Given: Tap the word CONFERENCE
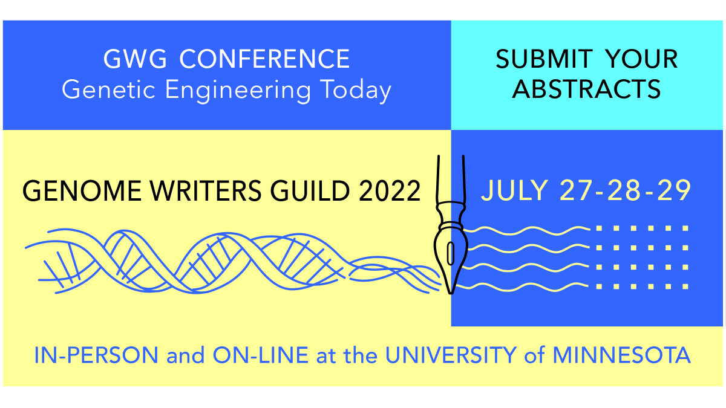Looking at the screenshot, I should pos(265,59).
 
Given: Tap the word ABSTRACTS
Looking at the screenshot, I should pos(586,89).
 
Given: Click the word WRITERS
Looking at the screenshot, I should pos(185,191).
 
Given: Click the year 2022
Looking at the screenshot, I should pos(388,191).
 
